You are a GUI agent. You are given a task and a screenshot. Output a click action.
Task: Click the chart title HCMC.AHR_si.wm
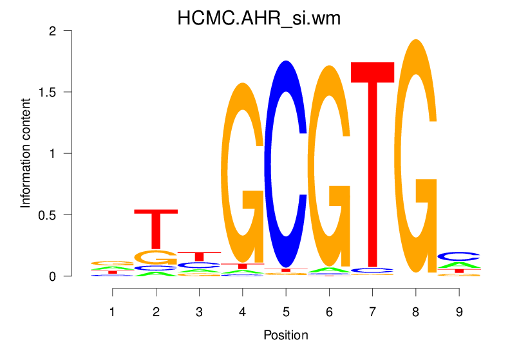[x=259, y=19]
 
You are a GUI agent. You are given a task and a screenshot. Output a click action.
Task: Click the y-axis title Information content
[x=26, y=153]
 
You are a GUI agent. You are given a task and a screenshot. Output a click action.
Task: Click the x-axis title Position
[x=285, y=336]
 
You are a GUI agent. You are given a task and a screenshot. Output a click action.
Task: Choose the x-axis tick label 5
[x=285, y=312]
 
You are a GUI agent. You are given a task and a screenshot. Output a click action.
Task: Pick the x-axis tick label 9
[x=458, y=312]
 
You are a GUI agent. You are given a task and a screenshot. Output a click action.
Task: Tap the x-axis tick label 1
[x=113, y=312]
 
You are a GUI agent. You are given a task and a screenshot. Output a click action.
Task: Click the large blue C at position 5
[x=285, y=164]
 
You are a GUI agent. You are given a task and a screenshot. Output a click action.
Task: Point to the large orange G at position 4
[x=242, y=174]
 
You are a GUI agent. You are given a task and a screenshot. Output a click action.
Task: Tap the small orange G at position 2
[x=155, y=257]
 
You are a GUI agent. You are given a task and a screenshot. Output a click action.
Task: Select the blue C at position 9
[x=458, y=256]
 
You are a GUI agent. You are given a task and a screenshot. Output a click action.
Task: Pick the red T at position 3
[x=199, y=256]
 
